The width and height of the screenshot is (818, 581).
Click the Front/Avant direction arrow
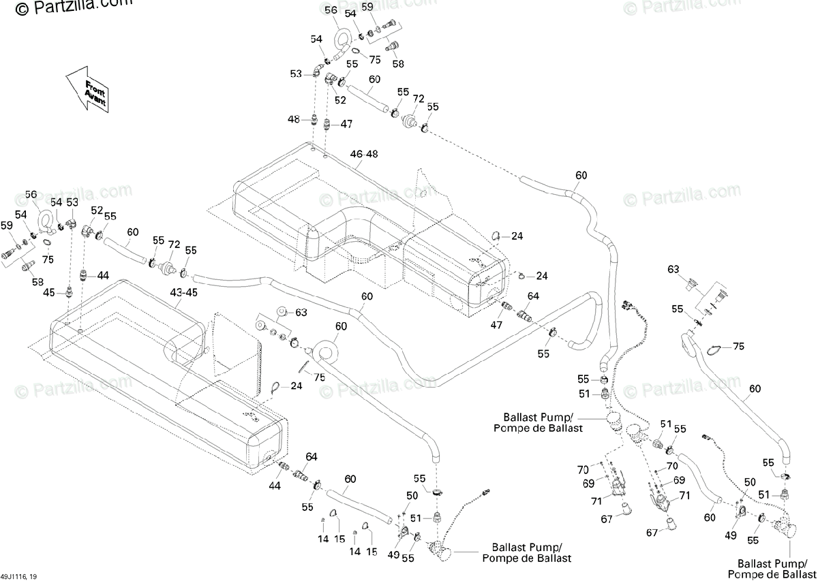point(87,90)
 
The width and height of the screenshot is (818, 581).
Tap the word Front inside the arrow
point(95,88)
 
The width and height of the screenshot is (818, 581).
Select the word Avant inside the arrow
point(95,97)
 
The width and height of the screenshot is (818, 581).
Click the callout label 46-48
point(364,154)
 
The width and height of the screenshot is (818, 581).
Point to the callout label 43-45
point(183,293)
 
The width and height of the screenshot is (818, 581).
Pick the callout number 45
point(49,293)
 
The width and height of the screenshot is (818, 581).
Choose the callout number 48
point(294,119)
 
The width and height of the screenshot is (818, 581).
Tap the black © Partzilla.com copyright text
point(74,7)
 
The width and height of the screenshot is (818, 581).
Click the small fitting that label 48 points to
point(314,119)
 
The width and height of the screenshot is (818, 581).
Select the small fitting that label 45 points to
point(68,292)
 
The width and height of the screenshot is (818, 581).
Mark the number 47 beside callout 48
point(346,124)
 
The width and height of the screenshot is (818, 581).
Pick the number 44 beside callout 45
point(103,276)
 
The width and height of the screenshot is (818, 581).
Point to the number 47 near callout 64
point(496,324)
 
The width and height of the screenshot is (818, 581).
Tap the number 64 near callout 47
point(533,296)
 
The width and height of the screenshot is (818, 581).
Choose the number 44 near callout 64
point(275,486)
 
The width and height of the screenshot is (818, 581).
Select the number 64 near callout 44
point(312,456)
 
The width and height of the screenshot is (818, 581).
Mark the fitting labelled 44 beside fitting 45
point(84,275)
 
